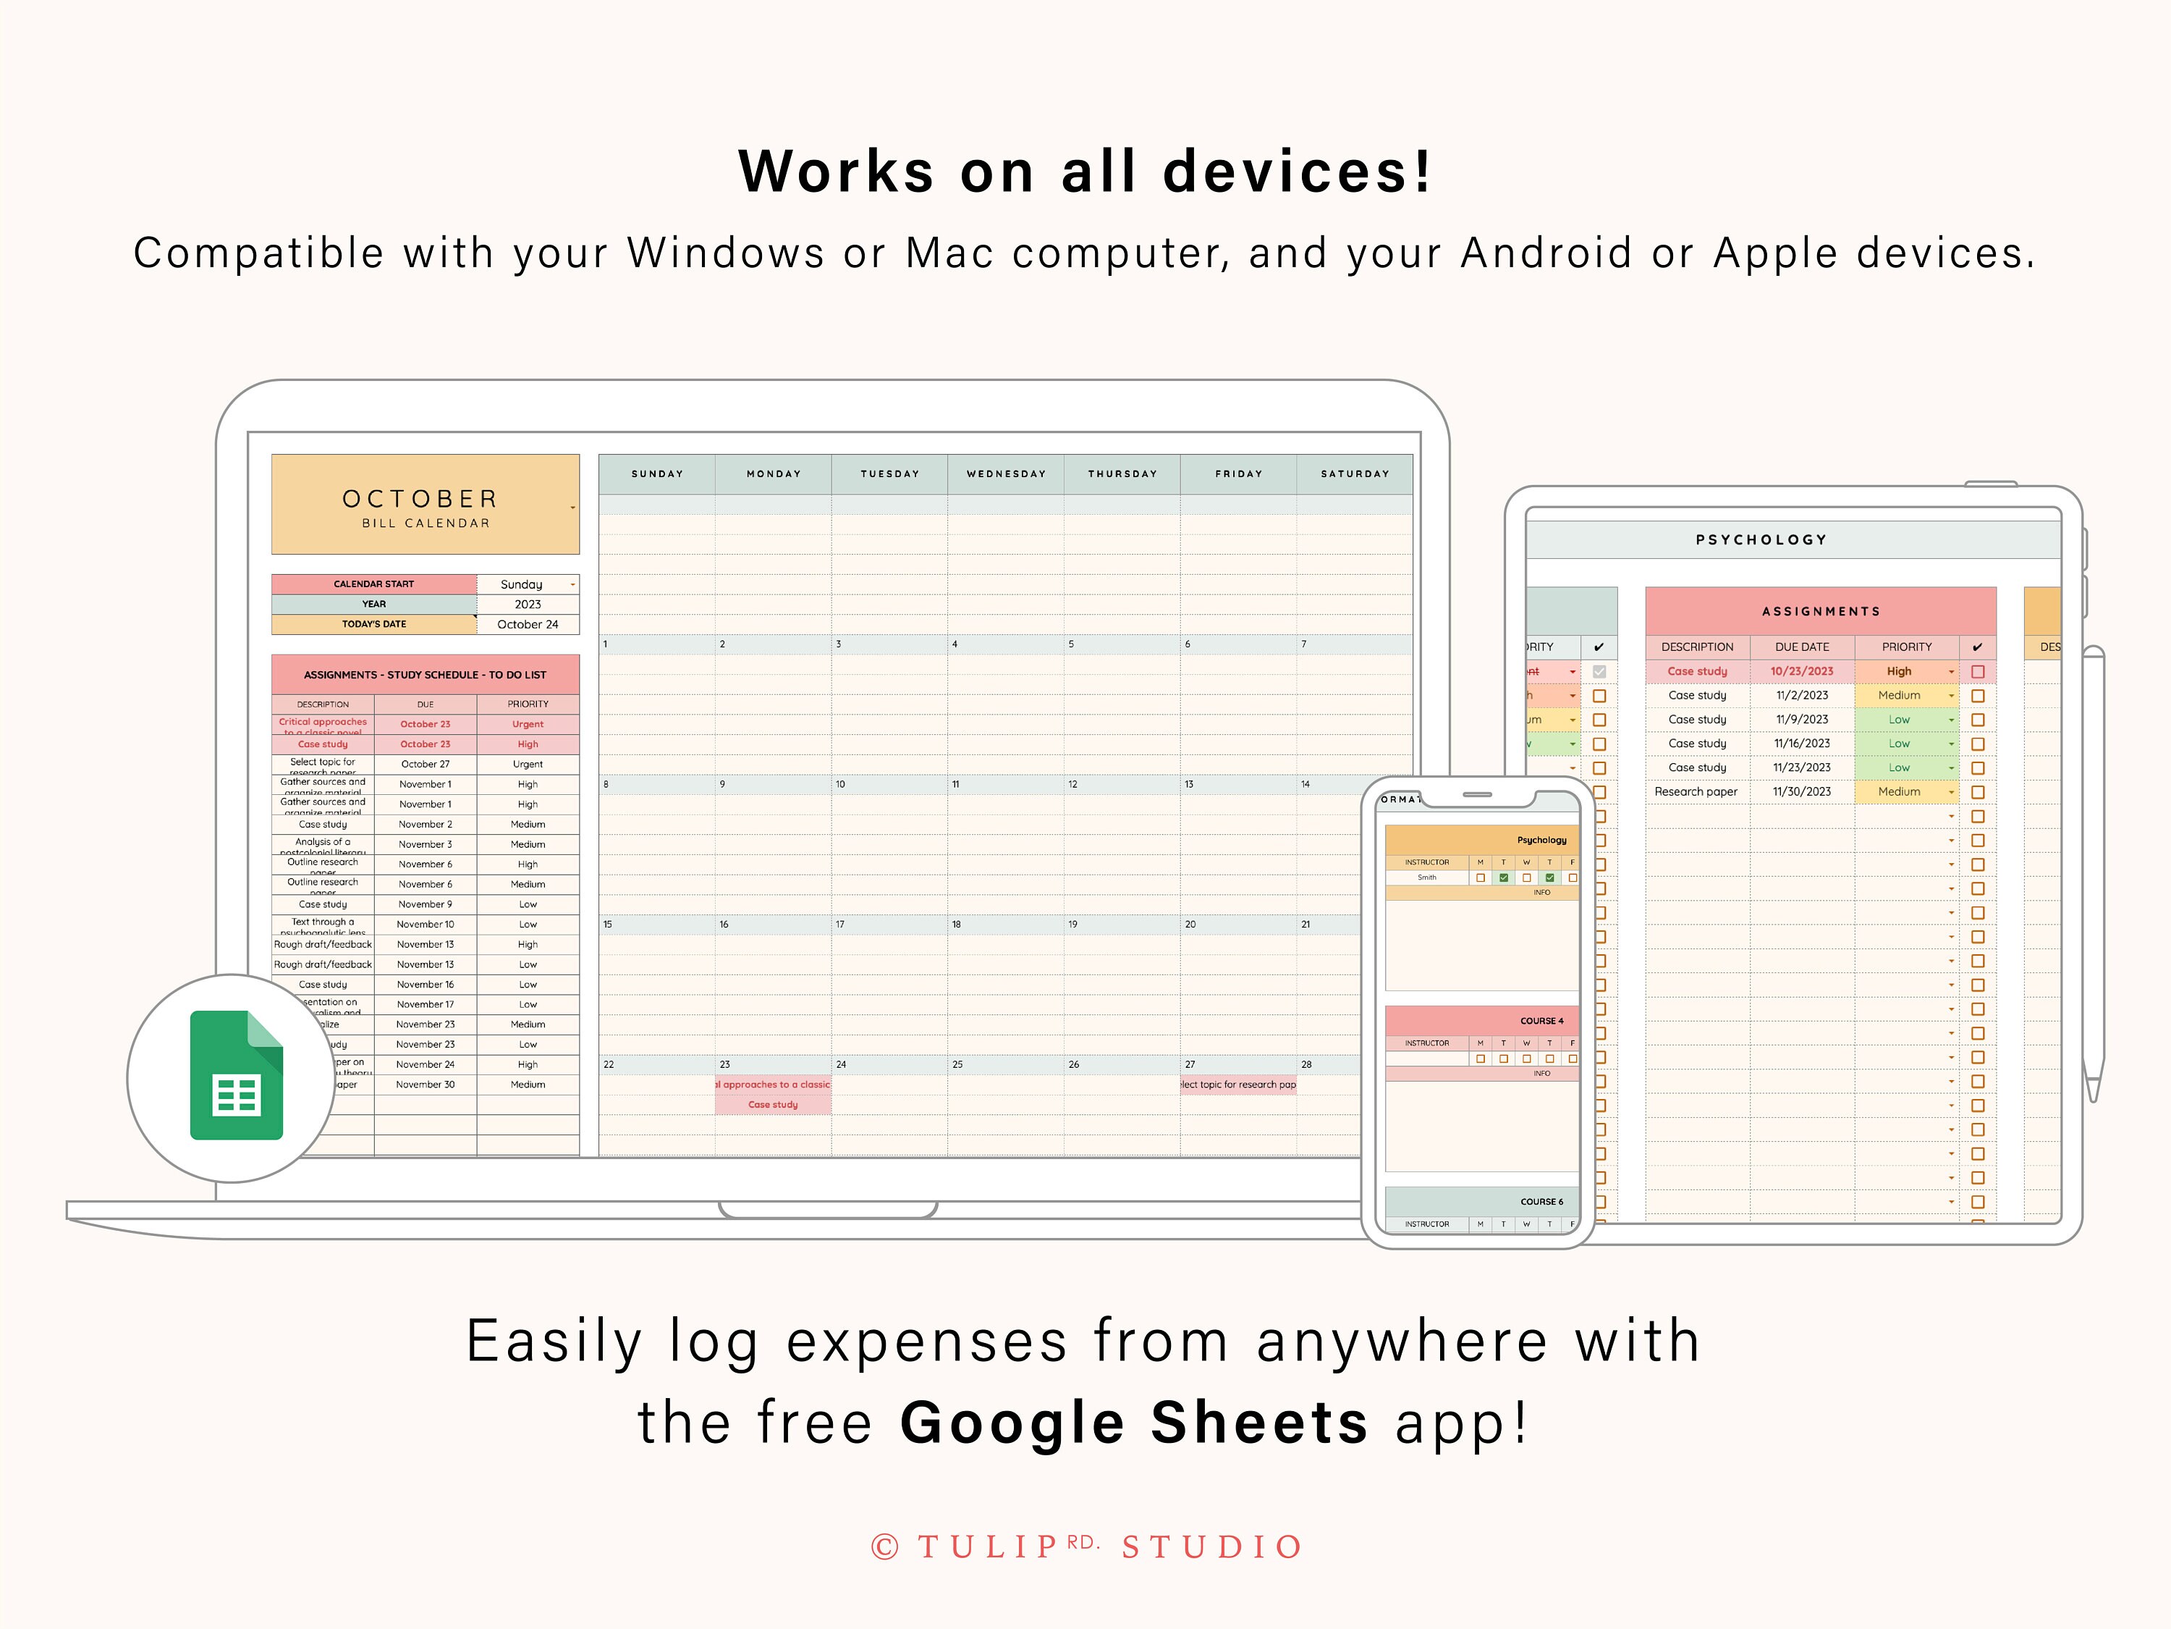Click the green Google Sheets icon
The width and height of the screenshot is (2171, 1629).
pyautogui.click(x=237, y=1075)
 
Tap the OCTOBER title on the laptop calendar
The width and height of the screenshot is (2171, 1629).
pyautogui.click(x=420, y=499)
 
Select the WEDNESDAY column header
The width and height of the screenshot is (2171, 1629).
pyautogui.click(x=1006, y=473)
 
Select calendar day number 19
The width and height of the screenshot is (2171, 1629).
pyautogui.click(x=1072, y=924)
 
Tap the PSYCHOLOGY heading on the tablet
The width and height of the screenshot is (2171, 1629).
pyautogui.click(x=1761, y=539)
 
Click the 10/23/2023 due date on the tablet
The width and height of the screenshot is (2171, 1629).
pyautogui.click(x=1801, y=672)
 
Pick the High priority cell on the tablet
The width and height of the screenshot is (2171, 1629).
pyautogui.click(x=1898, y=672)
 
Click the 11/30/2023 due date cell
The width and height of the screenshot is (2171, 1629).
pyautogui.click(x=1801, y=791)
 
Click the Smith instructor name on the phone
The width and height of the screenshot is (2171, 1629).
pyautogui.click(x=1427, y=877)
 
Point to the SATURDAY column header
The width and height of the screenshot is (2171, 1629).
pyautogui.click(x=1355, y=473)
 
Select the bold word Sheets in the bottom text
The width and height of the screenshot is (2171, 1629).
pyautogui.click(x=1259, y=1423)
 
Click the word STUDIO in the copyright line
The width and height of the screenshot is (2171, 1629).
pyautogui.click(x=1212, y=1547)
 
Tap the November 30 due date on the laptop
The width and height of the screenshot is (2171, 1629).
pyautogui.click(x=425, y=1085)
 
